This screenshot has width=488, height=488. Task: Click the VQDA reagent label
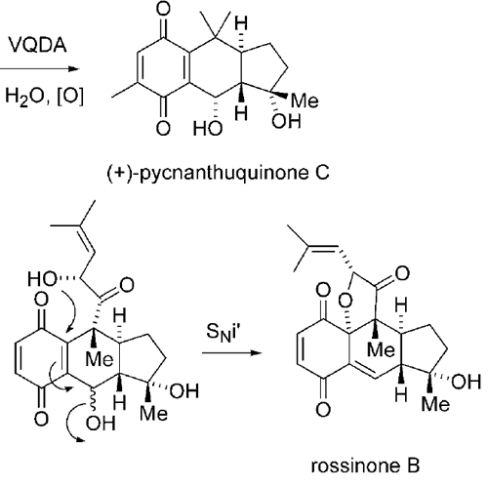click(38, 45)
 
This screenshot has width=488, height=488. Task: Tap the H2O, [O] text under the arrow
click(44, 97)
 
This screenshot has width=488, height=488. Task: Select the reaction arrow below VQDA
click(40, 69)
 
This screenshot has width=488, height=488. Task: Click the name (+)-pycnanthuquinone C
click(218, 173)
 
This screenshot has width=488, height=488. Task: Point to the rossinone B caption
click(365, 466)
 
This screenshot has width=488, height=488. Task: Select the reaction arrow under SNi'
click(232, 353)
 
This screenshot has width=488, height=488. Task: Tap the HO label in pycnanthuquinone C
click(208, 128)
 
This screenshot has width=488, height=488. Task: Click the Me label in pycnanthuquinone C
click(305, 101)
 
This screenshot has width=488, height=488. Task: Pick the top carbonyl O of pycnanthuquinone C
click(163, 9)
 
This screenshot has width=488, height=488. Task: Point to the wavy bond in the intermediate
click(93, 399)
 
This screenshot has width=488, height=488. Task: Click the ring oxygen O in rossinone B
click(345, 301)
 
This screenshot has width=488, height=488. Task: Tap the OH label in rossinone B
click(467, 382)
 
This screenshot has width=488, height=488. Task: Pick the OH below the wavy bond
click(101, 423)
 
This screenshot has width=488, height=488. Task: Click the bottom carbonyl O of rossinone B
click(323, 410)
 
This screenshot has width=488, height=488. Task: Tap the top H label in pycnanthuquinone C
click(241, 23)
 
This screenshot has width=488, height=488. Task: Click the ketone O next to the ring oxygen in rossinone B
click(402, 273)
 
